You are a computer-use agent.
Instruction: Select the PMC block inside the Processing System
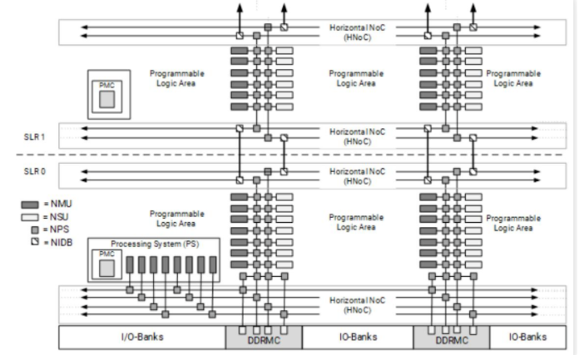click(x=106, y=264)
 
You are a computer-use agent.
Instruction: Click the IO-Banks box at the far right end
click(x=529, y=338)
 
